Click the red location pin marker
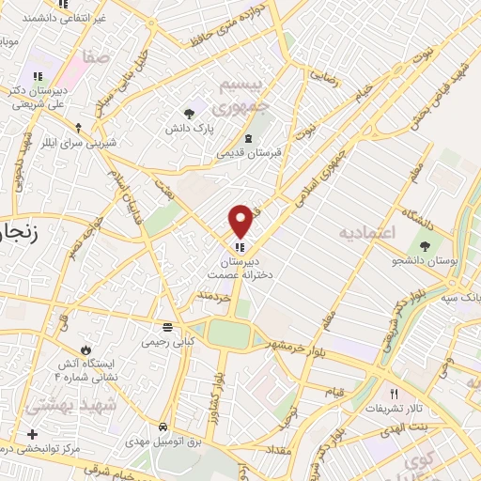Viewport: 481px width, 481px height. [240, 220]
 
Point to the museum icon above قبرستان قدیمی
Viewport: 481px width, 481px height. [248, 139]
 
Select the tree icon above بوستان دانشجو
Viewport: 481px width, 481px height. [427, 245]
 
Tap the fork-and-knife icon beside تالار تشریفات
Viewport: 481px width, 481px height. [395, 396]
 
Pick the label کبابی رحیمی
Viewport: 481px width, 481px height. [166, 342]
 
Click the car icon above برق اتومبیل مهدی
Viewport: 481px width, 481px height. [163, 427]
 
